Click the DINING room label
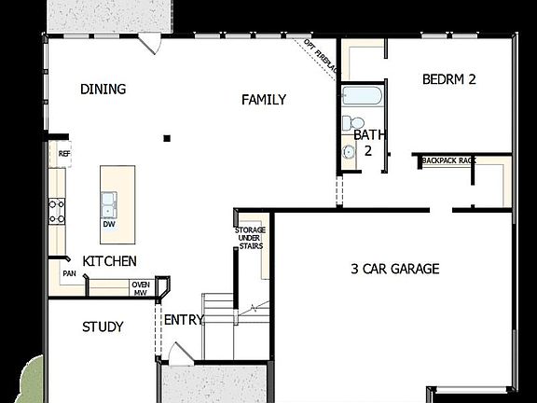point(103,90)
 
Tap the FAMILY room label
point(264,100)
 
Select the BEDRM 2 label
point(448,79)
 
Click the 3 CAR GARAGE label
point(394,269)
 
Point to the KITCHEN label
point(110,261)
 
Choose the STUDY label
point(103,327)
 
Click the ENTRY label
point(184,320)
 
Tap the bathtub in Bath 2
point(360,96)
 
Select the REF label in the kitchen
point(64,154)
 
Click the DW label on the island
point(109,224)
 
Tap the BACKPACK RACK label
point(448,160)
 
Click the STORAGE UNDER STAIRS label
point(249,238)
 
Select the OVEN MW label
point(141,288)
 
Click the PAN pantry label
point(69,273)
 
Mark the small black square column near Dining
point(168,138)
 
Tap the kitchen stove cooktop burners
point(57,211)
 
